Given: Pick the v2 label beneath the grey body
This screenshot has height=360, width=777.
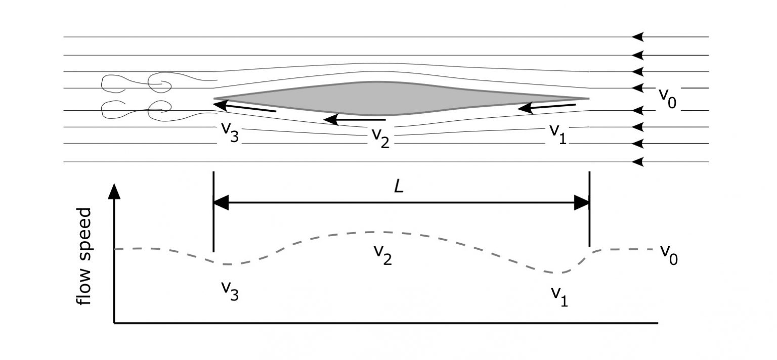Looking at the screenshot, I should click(380, 137).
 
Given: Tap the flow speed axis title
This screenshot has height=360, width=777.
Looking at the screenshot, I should click(84, 256).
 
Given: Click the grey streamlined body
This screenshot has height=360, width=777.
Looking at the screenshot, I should click(384, 98).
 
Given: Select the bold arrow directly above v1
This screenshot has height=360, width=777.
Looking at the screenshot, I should click(546, 107).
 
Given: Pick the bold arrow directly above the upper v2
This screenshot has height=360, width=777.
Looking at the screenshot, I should click(354, 120).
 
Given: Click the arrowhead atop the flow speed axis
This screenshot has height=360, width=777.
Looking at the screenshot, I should click(115, 192).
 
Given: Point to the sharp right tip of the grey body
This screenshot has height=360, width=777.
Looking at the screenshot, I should click(588, 98).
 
